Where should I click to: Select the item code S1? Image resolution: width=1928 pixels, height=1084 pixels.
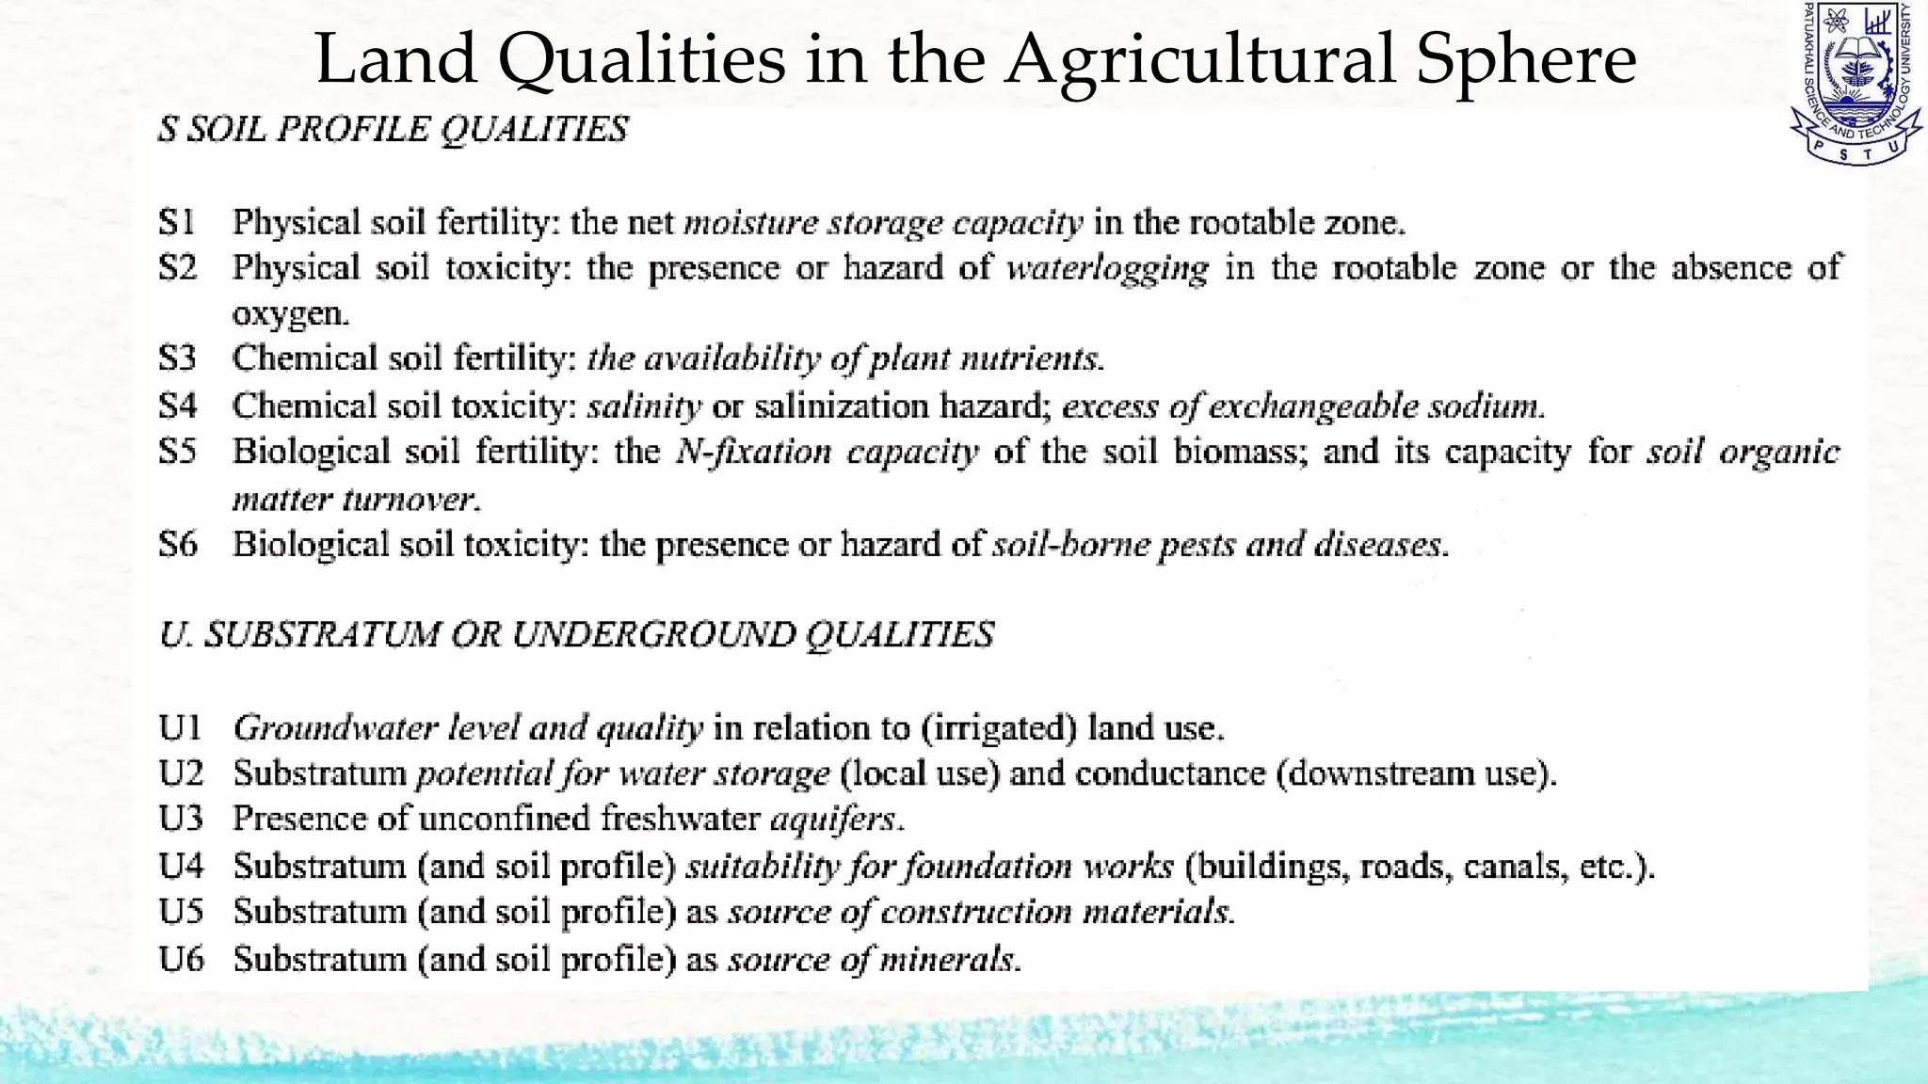[177, 222]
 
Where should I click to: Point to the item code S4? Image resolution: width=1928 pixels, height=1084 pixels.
[177, 406]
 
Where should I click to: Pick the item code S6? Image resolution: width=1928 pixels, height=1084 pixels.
[178, 544]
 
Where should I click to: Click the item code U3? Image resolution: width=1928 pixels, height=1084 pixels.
[180, 819]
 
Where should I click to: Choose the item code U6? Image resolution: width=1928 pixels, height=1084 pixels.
[180, 959]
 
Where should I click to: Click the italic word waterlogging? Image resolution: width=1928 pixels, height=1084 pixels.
[1107, 269]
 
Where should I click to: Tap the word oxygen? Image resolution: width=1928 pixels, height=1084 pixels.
[289, 313]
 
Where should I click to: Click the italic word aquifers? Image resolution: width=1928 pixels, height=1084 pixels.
[835, 819]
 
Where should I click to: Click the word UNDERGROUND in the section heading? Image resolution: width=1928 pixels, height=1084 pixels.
[651, 635]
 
